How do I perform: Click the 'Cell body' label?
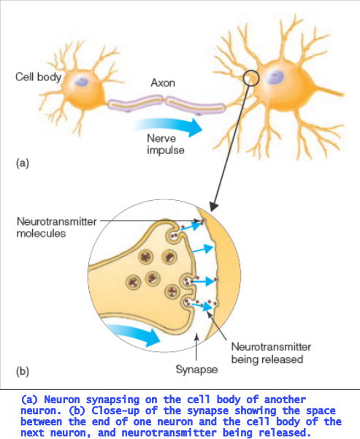[39, 77]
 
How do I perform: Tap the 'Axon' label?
[163, 83]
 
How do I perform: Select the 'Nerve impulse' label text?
[166, 144]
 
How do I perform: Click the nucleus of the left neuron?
[81, 82]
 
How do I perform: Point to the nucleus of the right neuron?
[275, 77]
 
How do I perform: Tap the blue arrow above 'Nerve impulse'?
[168, 126]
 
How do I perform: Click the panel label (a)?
[23, 163]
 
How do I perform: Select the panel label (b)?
[23, 371]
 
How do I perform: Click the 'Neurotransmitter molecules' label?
[56, 227]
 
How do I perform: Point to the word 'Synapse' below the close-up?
[196, 370]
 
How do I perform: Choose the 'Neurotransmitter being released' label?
[271, 353]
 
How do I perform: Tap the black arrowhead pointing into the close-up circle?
[213, 207]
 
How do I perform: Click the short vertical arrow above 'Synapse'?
[196, 347]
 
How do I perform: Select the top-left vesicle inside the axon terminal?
[146, 256]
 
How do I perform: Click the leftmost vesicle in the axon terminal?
[133, 283]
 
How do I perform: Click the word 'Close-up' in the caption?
[115, 411]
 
